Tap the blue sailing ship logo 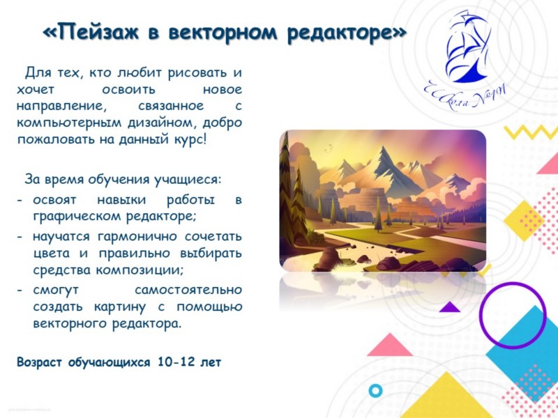(x=467, y=47)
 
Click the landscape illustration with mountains (x=382, y=201)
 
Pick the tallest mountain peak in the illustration (x=382, y=148)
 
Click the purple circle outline (x=513, y=315)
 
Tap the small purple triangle (x=449, y=307)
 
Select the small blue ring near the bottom (x=375, y=390)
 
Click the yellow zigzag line (x=530, y=132)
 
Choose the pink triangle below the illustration (x=390, y=345)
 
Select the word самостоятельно (x=188, y=290)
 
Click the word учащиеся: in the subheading (x=188, y=180)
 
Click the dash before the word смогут (x=20, y=291)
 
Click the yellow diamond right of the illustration (x=524, y=220)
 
